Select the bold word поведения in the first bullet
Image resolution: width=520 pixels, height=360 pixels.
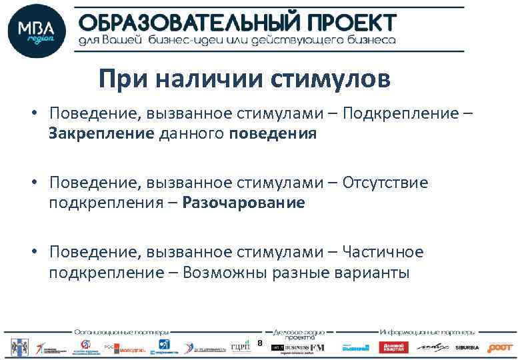pos(272,133)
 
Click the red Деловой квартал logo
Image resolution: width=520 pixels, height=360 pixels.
pos(393,347)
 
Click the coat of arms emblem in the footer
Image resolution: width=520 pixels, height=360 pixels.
pos(15,347)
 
